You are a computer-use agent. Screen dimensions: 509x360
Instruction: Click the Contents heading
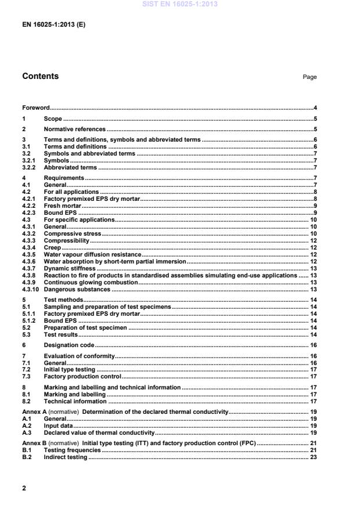point(40,77)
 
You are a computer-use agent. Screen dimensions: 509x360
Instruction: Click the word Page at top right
point(310,77)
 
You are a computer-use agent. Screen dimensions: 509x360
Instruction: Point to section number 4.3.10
point(31,288)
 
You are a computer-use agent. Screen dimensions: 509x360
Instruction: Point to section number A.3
point(26,432)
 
